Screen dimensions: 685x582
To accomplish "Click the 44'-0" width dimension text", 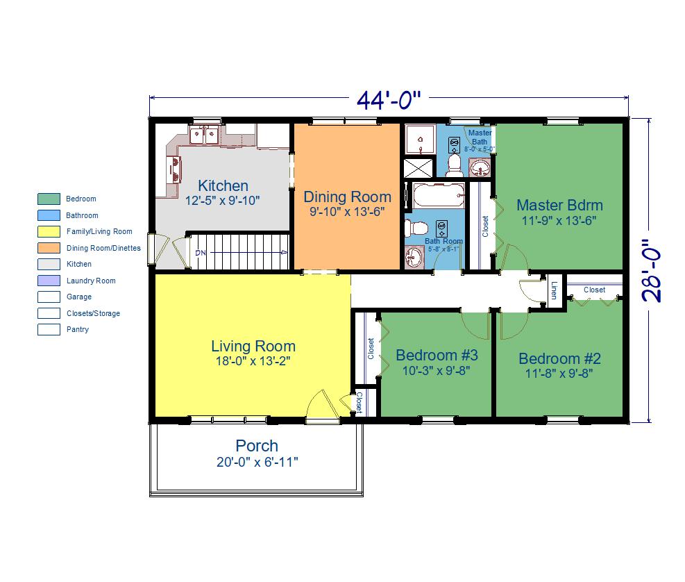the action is [x=389, y=100].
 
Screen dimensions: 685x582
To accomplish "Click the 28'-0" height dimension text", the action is [x=652, y=270].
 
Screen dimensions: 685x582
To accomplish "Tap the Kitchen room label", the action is [x=223, y=185].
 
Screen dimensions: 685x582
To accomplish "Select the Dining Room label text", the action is [x=347, y=197].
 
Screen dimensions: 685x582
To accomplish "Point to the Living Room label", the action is [x=253, y=347].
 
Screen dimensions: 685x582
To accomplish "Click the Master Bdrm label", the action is [x=559, y=205].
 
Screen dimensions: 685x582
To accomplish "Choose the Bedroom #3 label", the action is [x=437, y=355].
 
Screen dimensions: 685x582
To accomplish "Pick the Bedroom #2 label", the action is [x=559, y=358].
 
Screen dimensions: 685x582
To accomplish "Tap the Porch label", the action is [x=257, y=446].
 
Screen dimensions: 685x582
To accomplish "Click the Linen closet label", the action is [x=554, y=290].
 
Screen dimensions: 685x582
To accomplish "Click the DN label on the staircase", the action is [x=201, y=253].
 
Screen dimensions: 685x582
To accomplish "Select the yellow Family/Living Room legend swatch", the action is [x=49, y=231].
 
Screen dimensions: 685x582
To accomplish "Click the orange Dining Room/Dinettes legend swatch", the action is [x=49, y=248].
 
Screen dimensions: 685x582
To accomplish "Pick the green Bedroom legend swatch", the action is [x=49, y=199].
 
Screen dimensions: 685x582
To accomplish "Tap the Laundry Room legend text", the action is [x=91, y=281].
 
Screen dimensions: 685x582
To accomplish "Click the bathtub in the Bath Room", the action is [x=439, y=195].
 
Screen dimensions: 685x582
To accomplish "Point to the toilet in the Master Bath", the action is [x=455, y=165].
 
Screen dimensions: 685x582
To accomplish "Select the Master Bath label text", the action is [x=480, y=137].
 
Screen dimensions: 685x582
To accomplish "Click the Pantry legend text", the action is [x=77, y=329].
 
